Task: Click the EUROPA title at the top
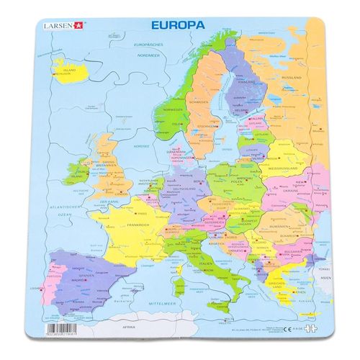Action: tap(178, 24)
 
